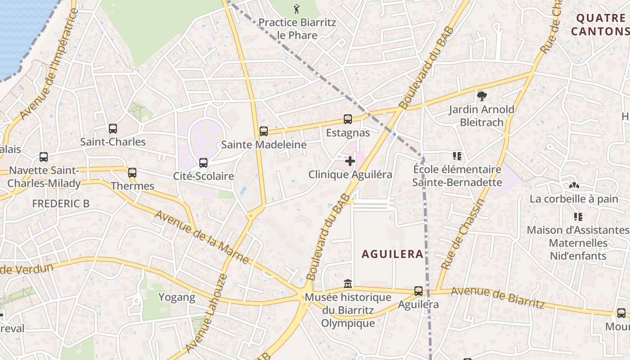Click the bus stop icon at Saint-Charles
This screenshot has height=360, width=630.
113,129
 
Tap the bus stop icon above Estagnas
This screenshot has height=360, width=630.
348,119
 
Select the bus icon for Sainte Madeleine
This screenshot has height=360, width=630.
264,131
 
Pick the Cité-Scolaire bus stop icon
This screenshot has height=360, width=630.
203,163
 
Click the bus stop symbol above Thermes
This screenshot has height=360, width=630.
132,173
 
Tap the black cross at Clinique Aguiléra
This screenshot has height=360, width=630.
350,161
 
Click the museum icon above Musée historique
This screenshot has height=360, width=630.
348,284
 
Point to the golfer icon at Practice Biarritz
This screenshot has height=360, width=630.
297,9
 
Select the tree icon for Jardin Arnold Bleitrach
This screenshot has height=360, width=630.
481,96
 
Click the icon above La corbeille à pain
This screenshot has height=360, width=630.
574,185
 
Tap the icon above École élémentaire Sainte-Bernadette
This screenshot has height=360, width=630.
457,156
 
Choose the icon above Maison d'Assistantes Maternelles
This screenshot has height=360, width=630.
578,217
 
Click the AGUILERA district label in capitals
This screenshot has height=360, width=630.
392,254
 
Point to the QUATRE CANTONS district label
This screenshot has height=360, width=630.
600,24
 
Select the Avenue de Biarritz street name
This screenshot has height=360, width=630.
498,297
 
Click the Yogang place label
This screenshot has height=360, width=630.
177,297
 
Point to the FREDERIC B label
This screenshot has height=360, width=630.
61,203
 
